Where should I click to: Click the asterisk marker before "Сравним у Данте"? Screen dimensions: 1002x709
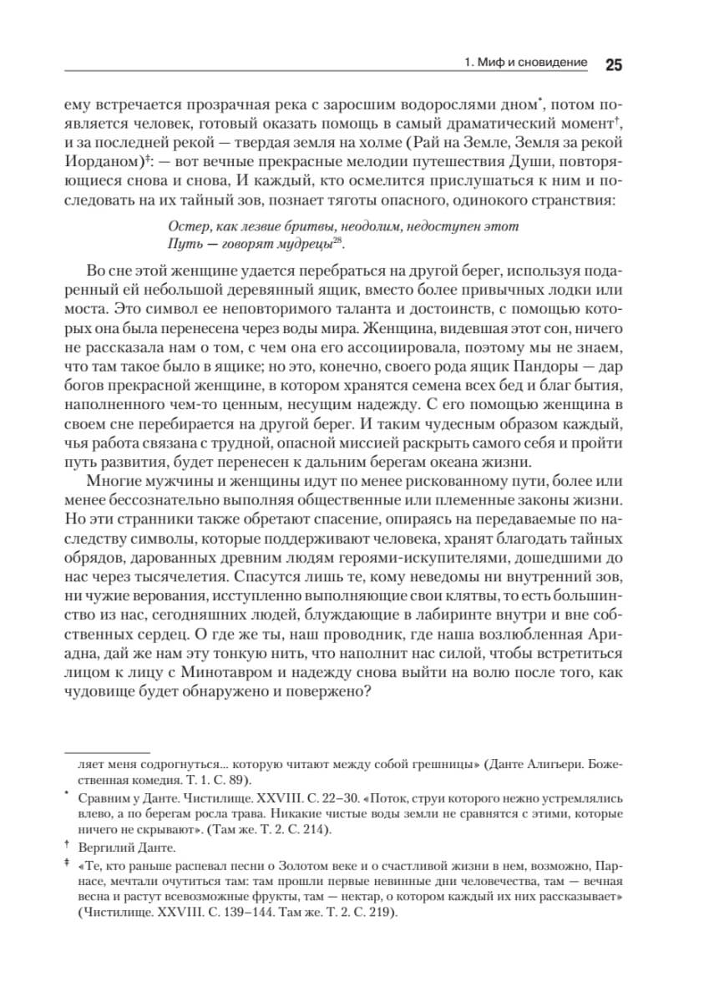(66, 795)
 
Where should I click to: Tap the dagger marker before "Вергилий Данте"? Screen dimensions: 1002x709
(66, 847)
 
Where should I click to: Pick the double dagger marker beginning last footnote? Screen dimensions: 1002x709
(66, 866)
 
